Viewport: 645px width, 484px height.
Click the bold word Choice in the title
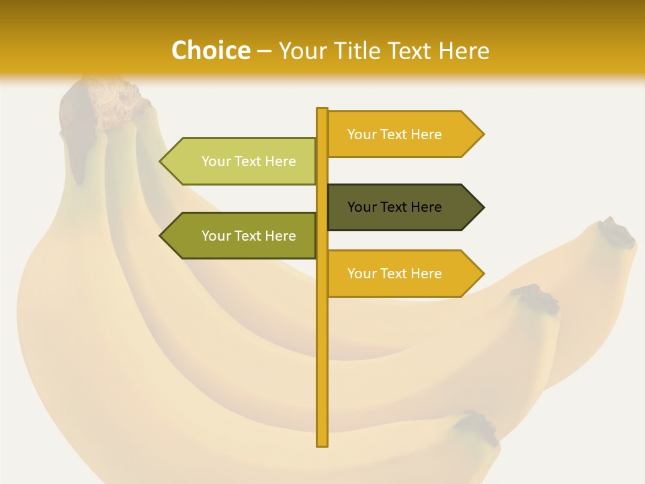point(210,50)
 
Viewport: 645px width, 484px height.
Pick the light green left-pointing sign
point(242,161)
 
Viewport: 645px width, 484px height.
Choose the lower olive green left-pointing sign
point(242,236)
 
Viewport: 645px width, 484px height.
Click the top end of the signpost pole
point(322,110)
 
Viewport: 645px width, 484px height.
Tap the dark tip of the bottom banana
point(480,426)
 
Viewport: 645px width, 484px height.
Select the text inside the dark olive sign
point(394,207)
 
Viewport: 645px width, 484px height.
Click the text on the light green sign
point(249,161)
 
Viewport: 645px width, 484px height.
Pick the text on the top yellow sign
point(394,134)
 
